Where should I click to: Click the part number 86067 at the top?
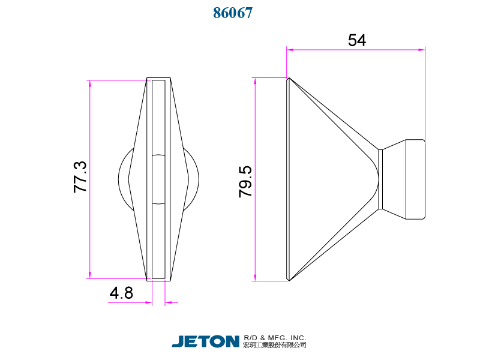[x=233, y=13]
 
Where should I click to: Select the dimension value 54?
[x=356, y=40]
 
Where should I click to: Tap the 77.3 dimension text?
[x=80, y=177]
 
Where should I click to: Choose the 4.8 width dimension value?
[x=121, y=293]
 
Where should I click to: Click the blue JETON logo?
[x=205, y=341]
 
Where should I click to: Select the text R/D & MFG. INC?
[x=275, y=338]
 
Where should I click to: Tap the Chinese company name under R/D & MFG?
[x=275, y=346]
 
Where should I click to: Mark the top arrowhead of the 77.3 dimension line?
[x=90, y=83]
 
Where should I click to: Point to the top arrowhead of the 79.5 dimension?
[x=256, y=81]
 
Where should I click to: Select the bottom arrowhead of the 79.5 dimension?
[x=256, y=277]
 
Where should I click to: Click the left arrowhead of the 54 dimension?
[x=290, y=50]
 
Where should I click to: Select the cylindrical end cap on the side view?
[x=416, y=179]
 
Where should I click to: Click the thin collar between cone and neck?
[x=380, y=179]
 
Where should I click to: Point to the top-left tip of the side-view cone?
[x=289, y=79]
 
